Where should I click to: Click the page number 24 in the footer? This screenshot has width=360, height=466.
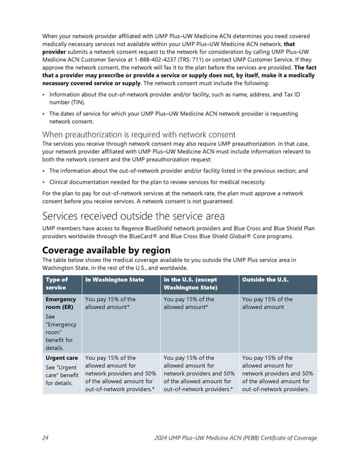[x=45, y=438]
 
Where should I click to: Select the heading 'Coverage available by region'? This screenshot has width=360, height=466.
[x=106, y=249]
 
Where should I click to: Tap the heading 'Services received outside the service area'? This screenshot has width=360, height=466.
[x=133, y=216]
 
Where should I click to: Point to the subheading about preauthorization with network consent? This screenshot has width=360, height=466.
[x=139, y=134]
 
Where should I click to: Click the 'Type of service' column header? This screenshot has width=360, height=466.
[x=57, y=283]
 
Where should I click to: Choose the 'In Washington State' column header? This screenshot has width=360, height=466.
[x=115, y=279]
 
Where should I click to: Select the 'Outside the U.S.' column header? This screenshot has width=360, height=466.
[x=265, y=279]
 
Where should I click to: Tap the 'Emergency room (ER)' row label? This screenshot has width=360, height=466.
[x=60, y=303]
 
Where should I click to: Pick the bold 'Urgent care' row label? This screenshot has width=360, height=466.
[x=61, y=358]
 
